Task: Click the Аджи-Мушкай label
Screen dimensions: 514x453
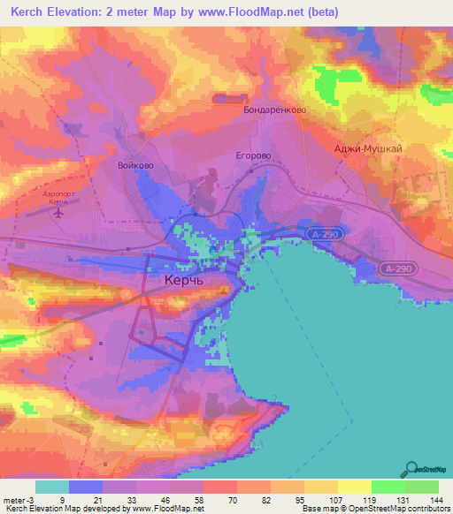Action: pyautogui.click(x=369, y=149)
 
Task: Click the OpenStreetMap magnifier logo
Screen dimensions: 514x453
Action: pyautogui.click(x=411, y=468)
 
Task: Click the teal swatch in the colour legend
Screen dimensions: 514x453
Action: pyautogui.click(x=51, y=486)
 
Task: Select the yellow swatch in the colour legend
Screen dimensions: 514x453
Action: pyautogui.click(x=354, y=486)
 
